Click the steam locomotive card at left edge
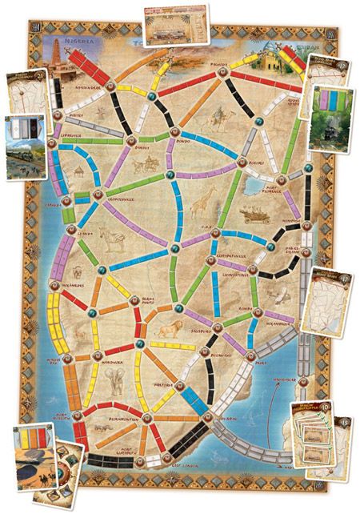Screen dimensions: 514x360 pos(23,145)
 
